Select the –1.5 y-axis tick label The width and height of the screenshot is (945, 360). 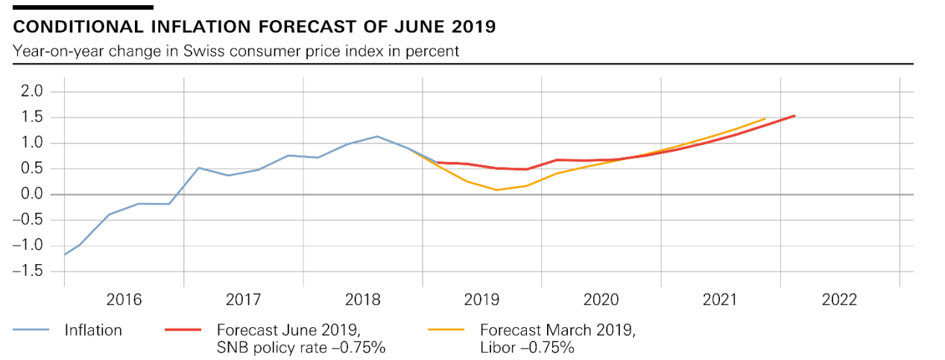[x=27, y=271]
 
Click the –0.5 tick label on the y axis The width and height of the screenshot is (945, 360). [x=27, y=219]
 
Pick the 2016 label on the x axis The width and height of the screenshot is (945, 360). [x=124, y=300]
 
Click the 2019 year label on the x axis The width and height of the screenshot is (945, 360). [x=482, y=300]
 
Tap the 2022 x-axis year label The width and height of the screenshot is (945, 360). [x=840, y=300]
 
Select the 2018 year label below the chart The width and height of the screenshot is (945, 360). [x=362, y=300]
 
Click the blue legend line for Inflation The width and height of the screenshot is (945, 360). [x=31, y=330]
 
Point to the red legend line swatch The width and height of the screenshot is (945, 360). [x=183, y=330]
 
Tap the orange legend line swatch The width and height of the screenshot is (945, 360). [x=447, y=330]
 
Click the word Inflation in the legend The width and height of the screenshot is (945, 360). [x=93, y=330]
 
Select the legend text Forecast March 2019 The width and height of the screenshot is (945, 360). [x=557, y=330]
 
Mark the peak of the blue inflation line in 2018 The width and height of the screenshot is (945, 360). [x=377, y=136]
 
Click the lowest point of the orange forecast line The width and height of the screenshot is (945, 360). [x=497, y=190]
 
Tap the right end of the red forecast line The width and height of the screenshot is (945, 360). [x=795, y=115]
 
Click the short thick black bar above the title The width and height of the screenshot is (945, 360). [x=83, y=7]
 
